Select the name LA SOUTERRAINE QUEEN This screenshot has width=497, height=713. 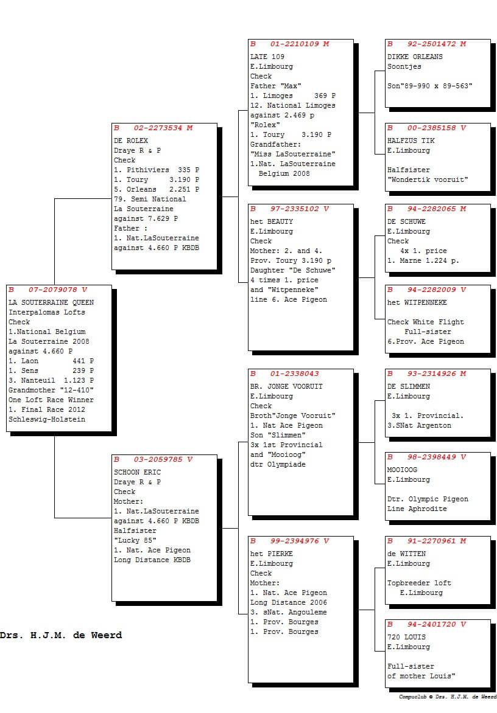(x=51, y=302)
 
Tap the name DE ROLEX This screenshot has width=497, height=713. (x=130, y=141)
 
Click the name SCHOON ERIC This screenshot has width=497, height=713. (x=137, y=472)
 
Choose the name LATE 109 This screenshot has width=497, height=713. (x=267, y=57)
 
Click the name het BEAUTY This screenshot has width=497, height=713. (x=271, y=221)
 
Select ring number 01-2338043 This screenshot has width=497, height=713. (x=294, y=374)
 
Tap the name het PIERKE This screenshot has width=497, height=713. (x=271, y=554)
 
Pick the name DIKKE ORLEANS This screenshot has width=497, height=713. (x=415, y=57)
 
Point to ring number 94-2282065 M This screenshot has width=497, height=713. (x=437, y=209)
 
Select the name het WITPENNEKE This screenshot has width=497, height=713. (x=417, y=302)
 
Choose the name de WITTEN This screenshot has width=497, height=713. (x=406, y=554)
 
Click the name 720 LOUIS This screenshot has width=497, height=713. (x=406, y=637)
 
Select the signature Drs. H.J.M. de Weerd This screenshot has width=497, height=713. (x=61, y=635)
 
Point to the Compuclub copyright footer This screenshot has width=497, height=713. (x=448, y=697)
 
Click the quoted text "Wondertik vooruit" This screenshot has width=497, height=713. (x=428, y=179)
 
